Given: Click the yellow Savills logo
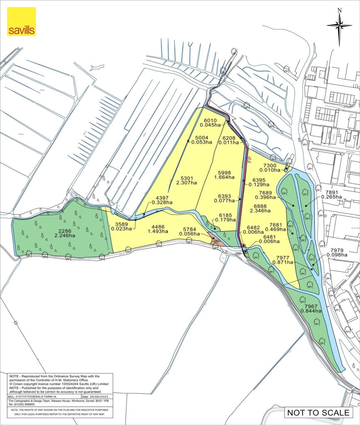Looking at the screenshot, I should [x=22, y=22].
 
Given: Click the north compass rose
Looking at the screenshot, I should [x=339, y=25].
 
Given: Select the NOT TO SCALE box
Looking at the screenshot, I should [x=319, y=413].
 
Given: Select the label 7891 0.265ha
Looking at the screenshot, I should [x=334, y=195].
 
